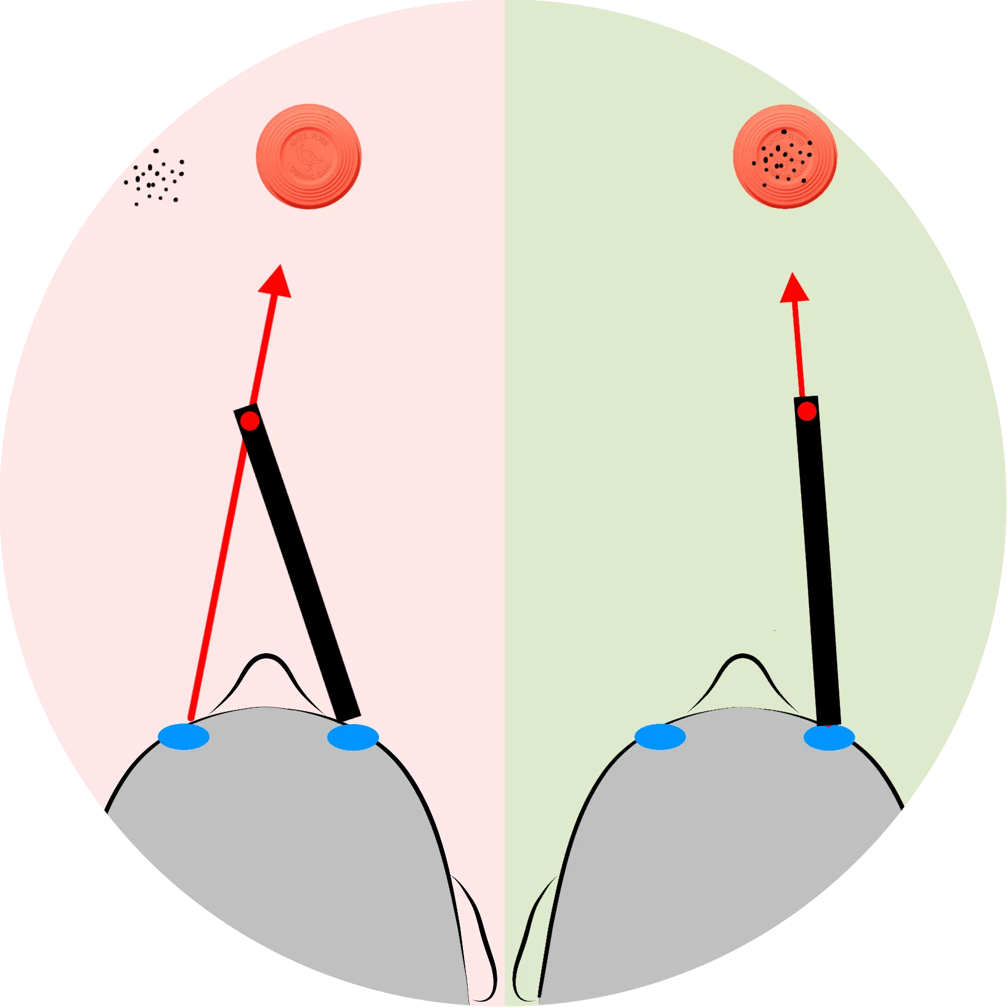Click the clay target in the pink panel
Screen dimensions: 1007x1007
point(308,157)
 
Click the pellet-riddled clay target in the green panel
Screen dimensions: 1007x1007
point(785,157)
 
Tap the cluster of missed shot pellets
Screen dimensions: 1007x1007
point(155,177)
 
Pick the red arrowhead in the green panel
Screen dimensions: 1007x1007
point(794,289)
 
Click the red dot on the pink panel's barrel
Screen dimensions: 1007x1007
point(250,422)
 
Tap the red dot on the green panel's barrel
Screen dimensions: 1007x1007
point(807,412)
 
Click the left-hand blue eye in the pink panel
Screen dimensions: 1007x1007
point(184,736)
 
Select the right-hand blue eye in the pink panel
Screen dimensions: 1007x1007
point(353,737)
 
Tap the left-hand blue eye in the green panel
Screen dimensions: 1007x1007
point(660,736)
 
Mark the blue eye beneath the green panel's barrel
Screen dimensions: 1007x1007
point(829,737)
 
